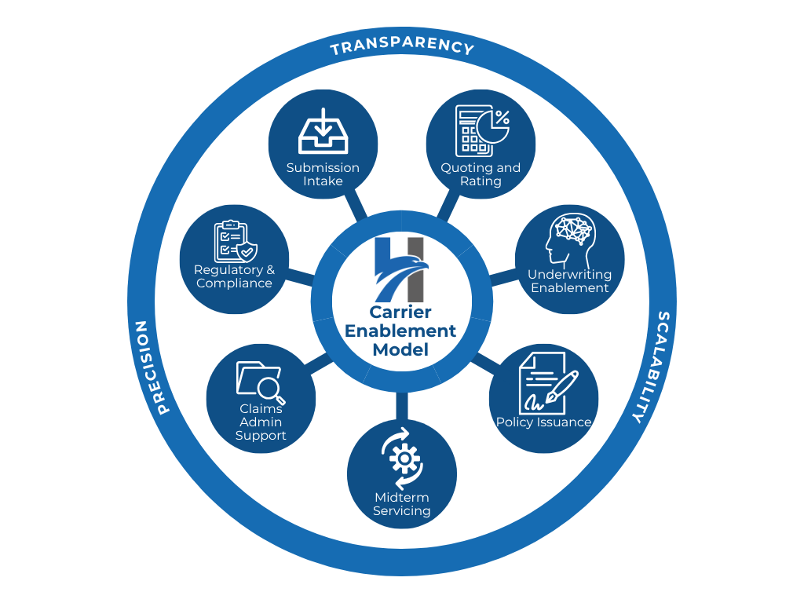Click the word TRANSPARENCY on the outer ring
[x=402, y=45]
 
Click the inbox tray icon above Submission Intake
[x=323, y=131]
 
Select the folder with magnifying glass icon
[x=261, y=382]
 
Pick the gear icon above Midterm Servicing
[x=403, y=459]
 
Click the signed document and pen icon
[x=547, y=383]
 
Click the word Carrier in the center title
[x=400, y=312]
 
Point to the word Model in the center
[x=400, y=349]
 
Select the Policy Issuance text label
[x=544, y=422]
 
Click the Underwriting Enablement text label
[x=570, y=281]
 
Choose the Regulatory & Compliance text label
[x=234, y=276]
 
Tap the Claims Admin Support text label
[x=261, y=422]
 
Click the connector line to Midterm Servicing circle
[x=402, y=406]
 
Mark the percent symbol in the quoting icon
[x=502, y=118]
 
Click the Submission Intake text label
[x=323, y=174]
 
